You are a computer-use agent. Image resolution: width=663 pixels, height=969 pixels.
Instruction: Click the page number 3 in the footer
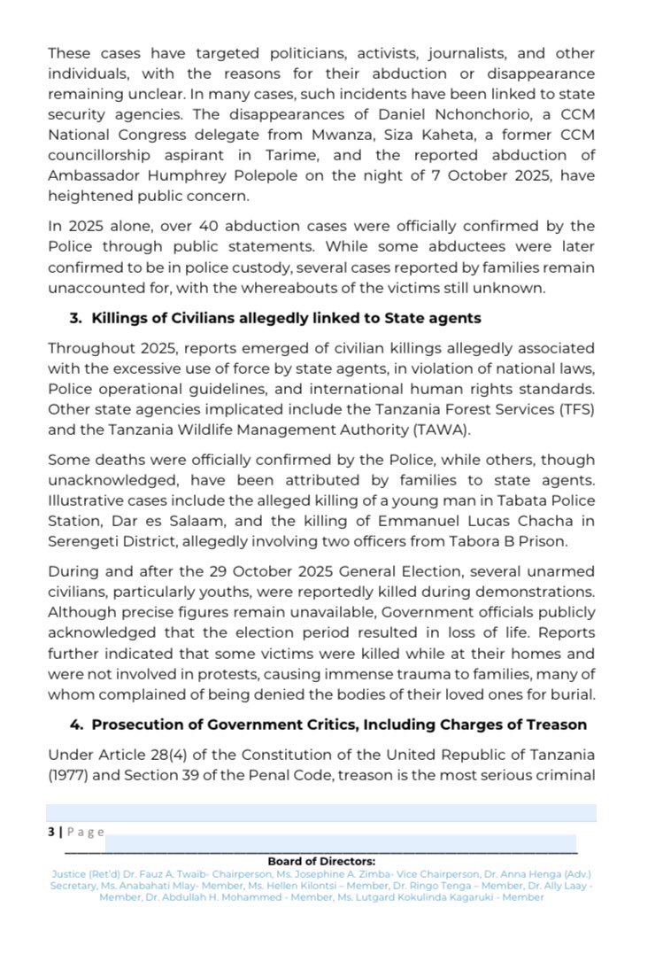click(51, 832)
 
